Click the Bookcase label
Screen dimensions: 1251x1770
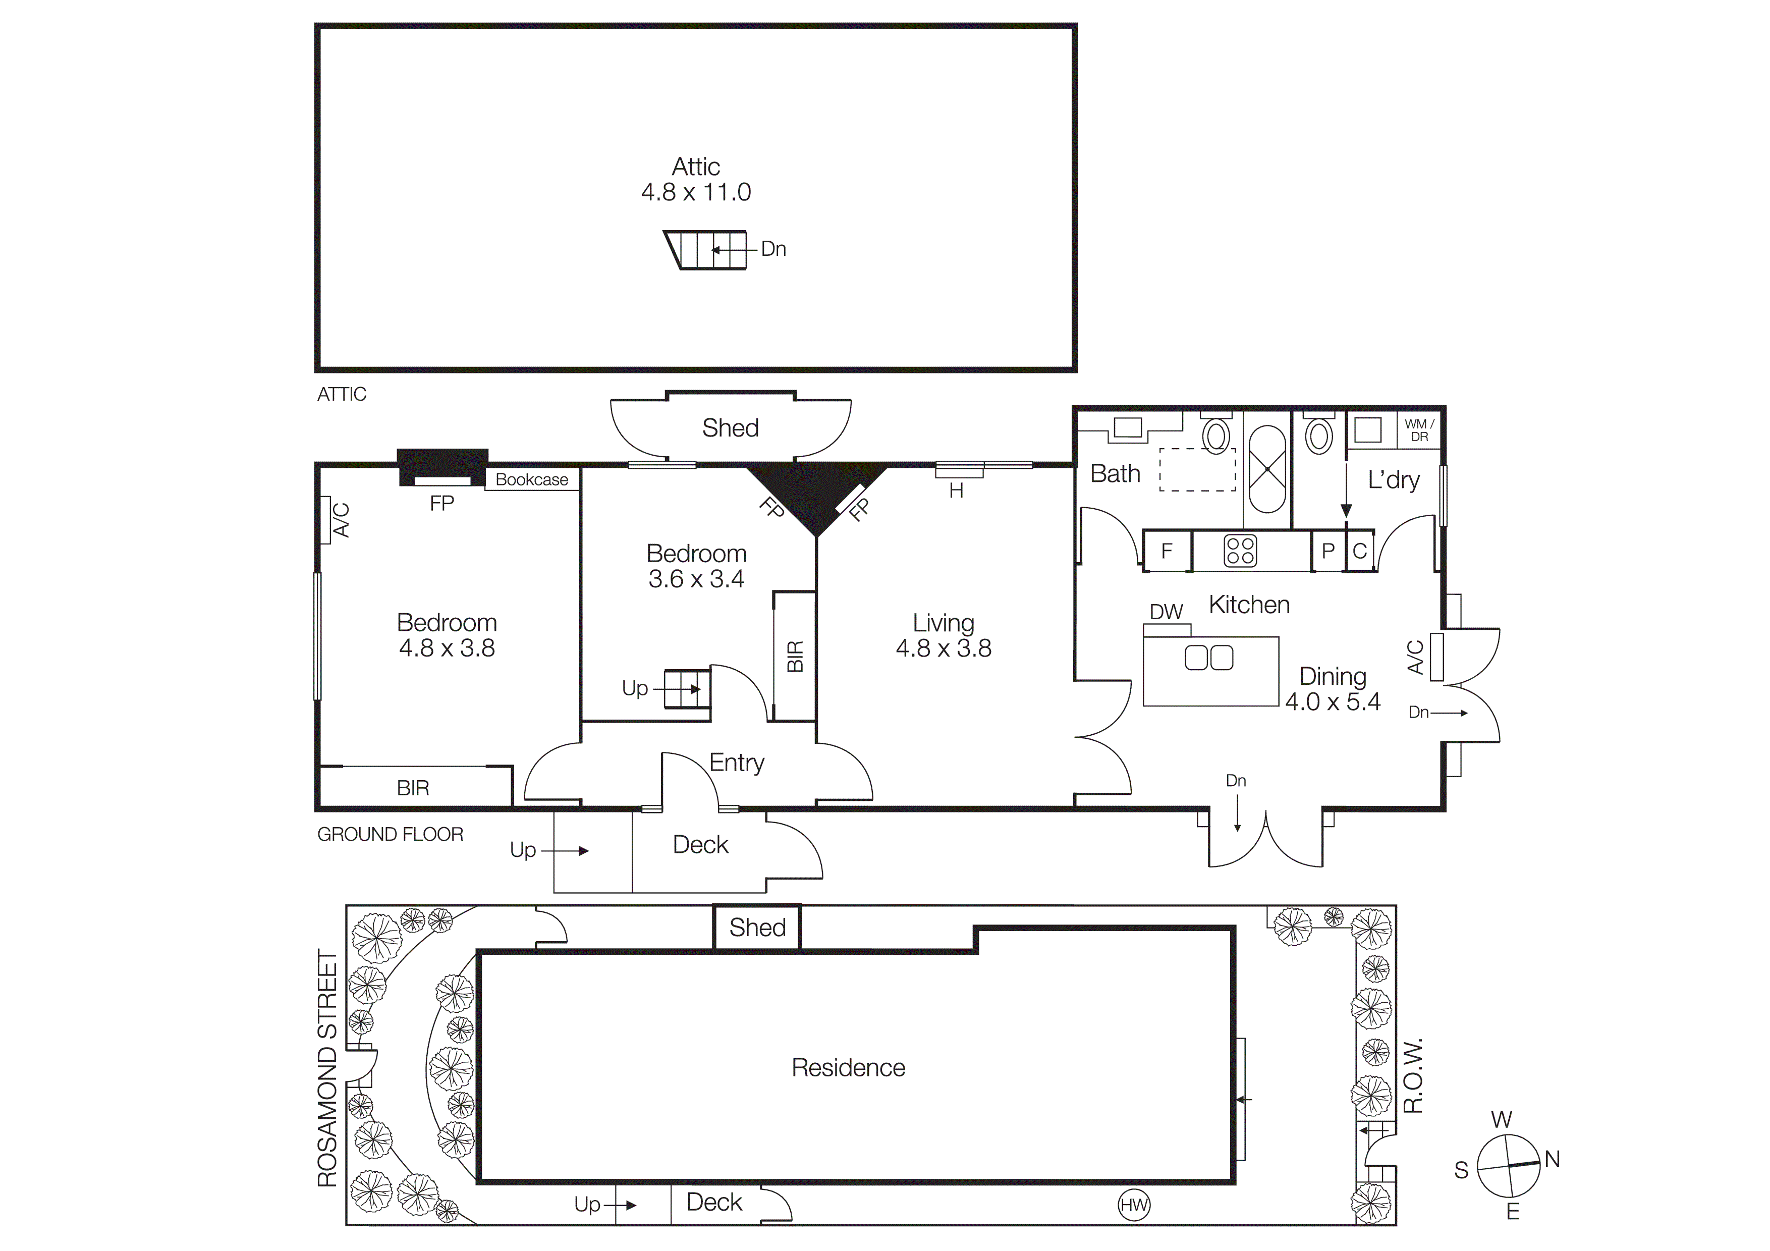531,479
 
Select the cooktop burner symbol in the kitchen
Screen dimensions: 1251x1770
1240,551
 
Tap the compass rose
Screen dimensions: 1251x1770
1508,1166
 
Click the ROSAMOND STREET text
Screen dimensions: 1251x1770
327,1067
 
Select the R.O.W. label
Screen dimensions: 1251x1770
1412,1076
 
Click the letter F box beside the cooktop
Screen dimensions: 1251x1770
1167,551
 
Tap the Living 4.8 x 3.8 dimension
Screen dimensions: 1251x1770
943,648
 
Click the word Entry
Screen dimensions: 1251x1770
736,763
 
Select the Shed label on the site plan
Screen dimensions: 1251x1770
757,927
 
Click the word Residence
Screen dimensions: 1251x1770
848,1067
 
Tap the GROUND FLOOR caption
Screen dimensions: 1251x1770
390,834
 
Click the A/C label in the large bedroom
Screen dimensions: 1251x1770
340,519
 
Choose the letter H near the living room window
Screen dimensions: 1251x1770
956,491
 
